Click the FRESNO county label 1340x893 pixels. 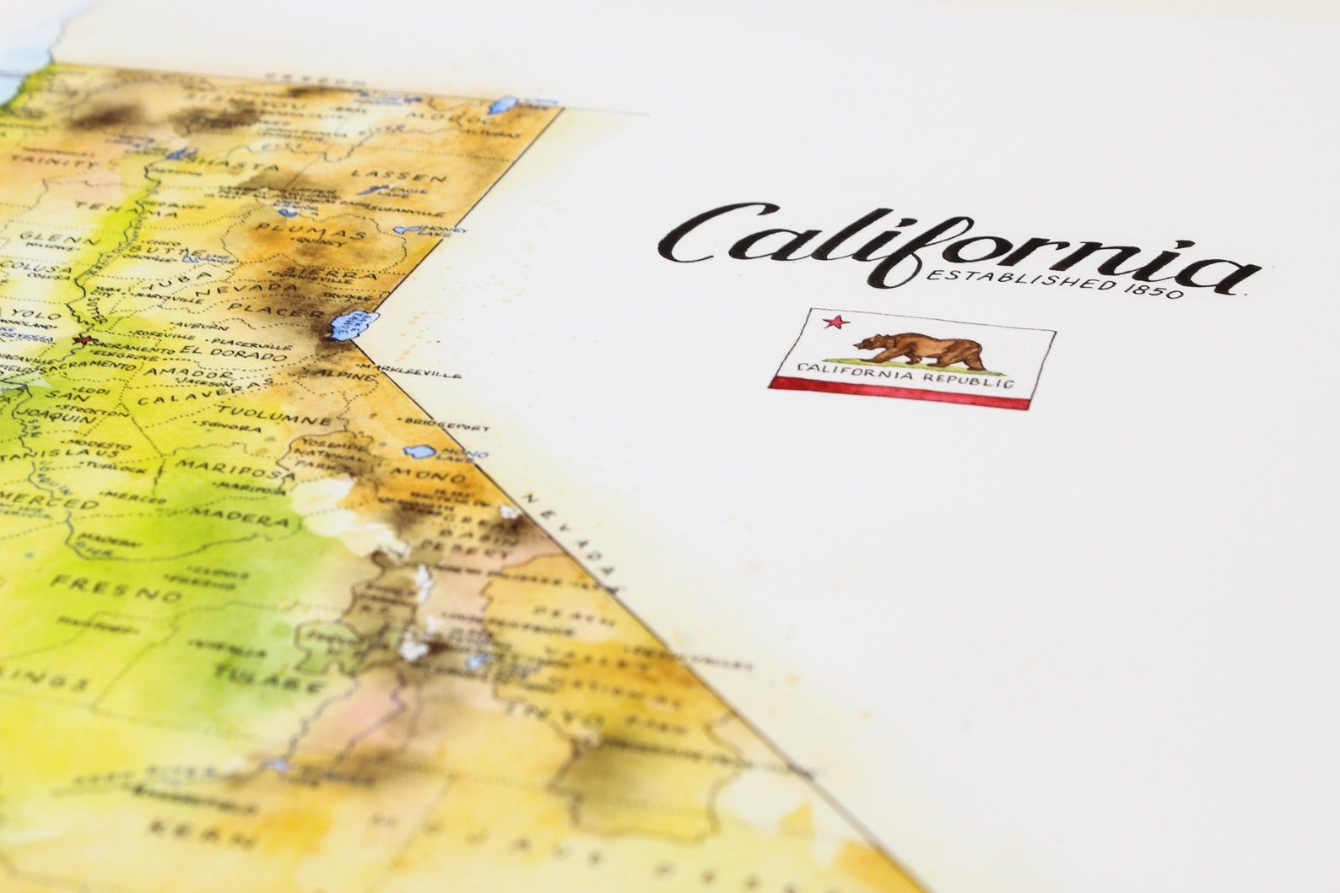[116, 587]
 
